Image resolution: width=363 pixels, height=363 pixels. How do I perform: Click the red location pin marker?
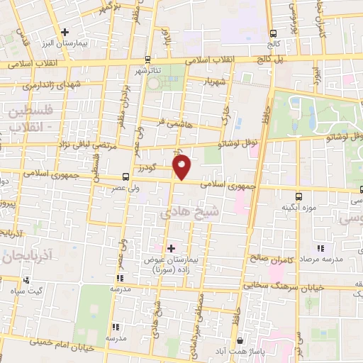click(182, 168)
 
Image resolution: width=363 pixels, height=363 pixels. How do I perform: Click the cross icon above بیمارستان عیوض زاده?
click(170, 247)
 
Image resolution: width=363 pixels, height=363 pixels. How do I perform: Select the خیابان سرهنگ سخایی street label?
click(304, 286)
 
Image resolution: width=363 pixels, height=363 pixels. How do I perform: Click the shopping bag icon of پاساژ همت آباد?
click(242, 340)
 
